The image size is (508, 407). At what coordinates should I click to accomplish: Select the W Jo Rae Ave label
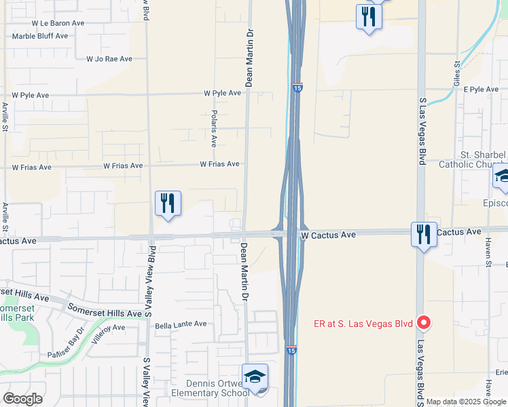[109, 59]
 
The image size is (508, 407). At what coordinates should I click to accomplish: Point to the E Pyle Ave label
[482, 89]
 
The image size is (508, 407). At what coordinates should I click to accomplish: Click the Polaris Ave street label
[213, 129]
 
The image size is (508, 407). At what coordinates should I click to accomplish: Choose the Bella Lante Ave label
[181, 324]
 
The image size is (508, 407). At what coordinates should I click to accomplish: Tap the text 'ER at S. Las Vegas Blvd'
[364, 324]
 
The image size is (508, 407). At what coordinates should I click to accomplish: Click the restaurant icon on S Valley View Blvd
[167, 203]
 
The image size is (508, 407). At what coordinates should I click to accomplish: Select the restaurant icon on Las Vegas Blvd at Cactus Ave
[424, 235]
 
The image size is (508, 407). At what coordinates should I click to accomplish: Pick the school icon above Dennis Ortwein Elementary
[255, 376]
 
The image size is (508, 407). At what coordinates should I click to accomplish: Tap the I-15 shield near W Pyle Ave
[297, 88]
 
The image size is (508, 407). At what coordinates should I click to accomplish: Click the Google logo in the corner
[22, 399]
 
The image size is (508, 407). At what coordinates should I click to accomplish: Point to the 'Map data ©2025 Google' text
[467, 402]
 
